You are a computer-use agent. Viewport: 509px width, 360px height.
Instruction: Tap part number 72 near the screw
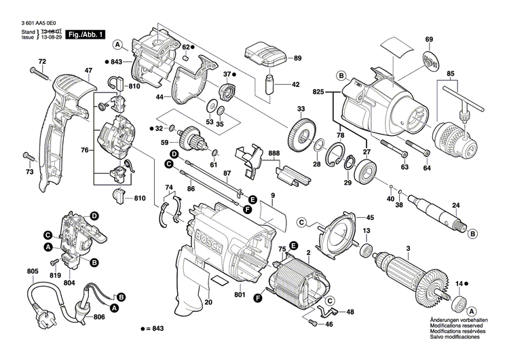41,62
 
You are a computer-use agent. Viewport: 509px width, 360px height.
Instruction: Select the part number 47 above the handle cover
88,71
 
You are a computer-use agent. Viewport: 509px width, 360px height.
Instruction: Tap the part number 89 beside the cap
297,59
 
